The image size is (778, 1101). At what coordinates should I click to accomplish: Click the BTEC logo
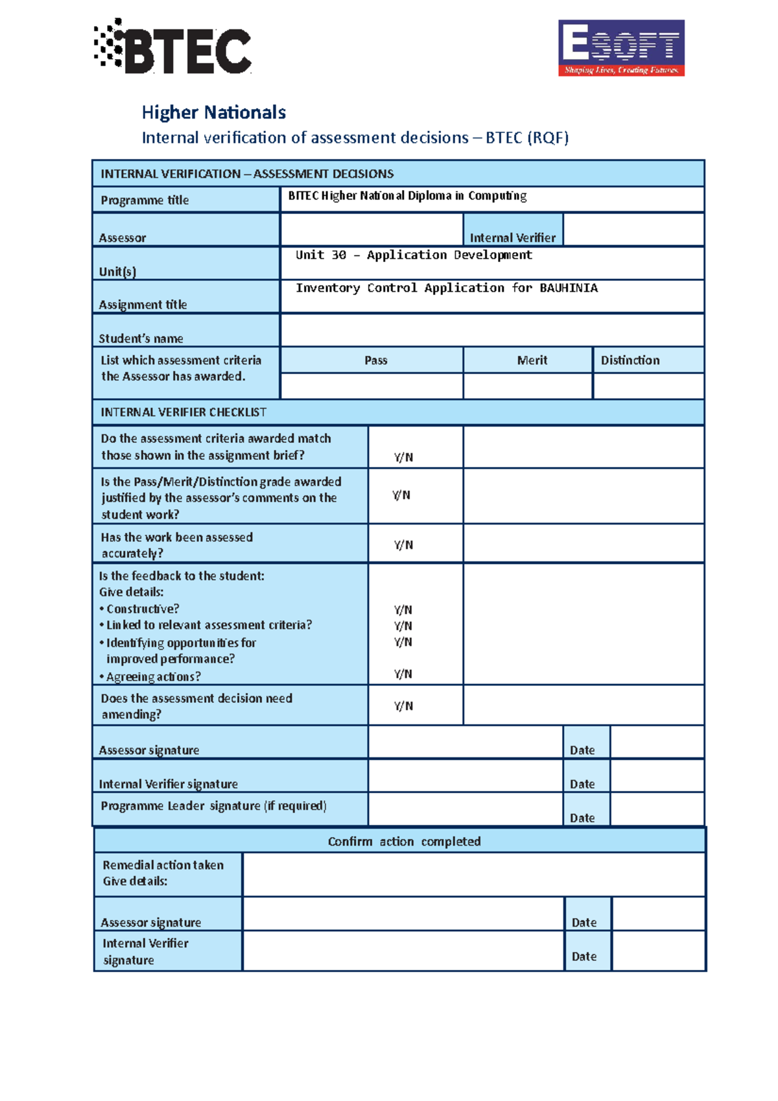click(x=173, y=47)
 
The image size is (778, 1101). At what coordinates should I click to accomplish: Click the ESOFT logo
click(x=621, y=48)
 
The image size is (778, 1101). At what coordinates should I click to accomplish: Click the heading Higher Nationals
click(x=213, y=112)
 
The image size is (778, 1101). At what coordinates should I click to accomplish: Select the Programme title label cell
click(x=145, y=200)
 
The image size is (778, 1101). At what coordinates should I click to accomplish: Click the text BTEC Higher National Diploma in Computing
click(x=407, y=196)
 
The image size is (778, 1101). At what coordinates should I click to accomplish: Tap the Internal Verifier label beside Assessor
click(x=512, y=237)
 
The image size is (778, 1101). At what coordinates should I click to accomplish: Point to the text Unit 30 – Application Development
click(x=414, y=255)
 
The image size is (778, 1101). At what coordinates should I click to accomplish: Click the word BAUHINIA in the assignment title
click(x=568, y=288)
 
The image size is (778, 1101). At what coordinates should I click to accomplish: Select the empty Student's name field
click(x=491, y=330)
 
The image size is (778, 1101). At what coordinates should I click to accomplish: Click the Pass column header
click(x=375, y=361)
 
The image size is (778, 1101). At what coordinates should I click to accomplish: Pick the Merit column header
click(x=532, y=361)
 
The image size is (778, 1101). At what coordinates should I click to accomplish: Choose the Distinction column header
click(x=630, y=361)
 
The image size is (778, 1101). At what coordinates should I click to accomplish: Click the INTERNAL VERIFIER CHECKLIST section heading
click(x=183, y=412)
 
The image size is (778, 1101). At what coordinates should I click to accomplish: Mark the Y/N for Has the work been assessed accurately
click(x=403, y=545)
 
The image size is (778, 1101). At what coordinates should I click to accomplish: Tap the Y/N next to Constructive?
click(x=403, y=610)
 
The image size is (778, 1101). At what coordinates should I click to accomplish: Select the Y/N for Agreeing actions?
click(x=403, y=674)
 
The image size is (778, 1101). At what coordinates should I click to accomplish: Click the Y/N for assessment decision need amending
click(x=403, y=706)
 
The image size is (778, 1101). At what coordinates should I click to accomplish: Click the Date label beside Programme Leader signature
click(x=582, y=818)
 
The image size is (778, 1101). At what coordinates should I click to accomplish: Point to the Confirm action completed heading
click(x=404, y=842)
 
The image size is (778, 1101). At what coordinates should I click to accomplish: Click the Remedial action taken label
click(x=163, y=865)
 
